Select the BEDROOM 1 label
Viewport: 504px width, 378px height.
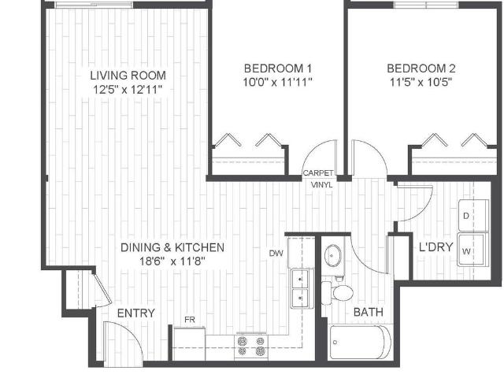(x=278, y=67)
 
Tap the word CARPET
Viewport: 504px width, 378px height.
(x=319, y=173)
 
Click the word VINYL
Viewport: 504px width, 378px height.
(x=321, y=184)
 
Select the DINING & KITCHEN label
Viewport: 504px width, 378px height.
(x=172, y=247)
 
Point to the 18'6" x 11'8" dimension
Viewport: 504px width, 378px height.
(x=172, y=261)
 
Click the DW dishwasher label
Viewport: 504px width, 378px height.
(x=276, y=253)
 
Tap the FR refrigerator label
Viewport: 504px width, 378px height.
(x=190, y=320)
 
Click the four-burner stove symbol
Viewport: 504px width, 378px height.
(x=251, y=346)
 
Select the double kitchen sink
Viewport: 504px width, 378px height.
(x=300, y=288)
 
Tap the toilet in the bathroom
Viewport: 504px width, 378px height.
(x=341, y=293)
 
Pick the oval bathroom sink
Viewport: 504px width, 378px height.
(x=334, y=256)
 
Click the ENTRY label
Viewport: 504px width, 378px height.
(x=135, y=313)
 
